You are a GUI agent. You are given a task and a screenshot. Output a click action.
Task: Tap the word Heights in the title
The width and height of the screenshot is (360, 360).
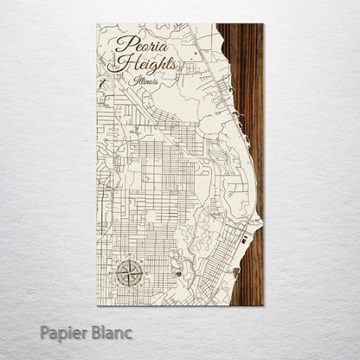148,65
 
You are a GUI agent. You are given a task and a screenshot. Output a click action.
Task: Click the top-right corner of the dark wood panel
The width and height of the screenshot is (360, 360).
263,24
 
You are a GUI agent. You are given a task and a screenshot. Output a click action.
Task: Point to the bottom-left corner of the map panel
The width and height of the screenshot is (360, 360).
98,305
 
